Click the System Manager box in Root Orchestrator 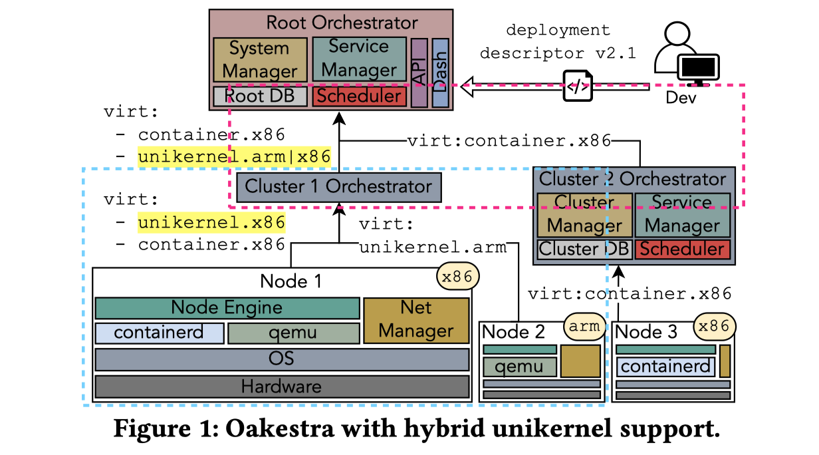click(x=260, y=59)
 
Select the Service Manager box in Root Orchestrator click(x=359, y=58)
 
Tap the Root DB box click(x=259, y=96)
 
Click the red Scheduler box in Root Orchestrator click(x=359, y=96)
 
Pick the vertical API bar click(x=419, y=73)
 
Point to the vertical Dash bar click(x=440, y=73)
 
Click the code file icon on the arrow click(x=578, y=86)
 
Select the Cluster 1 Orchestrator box click(x=338, y=186)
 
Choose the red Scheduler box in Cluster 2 click(x=682, y=249)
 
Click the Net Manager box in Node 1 click(x=416, y=319)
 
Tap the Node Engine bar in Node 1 click(x=227, y=308)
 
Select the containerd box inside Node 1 click(x=159, y=333)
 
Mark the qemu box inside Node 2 click(x=519, y=366)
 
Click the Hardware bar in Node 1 click(x=282, y=386)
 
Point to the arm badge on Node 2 click(x=584, y=327)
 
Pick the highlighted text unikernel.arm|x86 click(x=234, y=157)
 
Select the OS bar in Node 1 click(x=282, y=359)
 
